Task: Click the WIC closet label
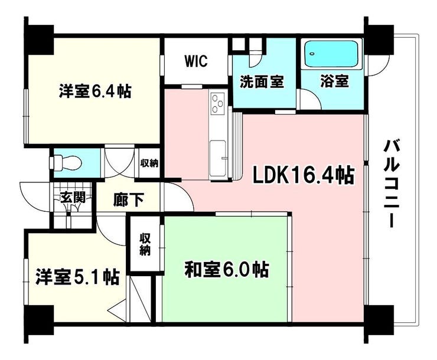[x=195, y=62]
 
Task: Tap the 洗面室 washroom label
[x=261, y=82]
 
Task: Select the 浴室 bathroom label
[x=334, y=82]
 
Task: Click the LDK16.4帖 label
[x=304, y=175]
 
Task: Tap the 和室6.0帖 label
[x=227, y=270]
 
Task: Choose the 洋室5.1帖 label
[x=77, y=276]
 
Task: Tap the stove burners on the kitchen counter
[x=217, y=104]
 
